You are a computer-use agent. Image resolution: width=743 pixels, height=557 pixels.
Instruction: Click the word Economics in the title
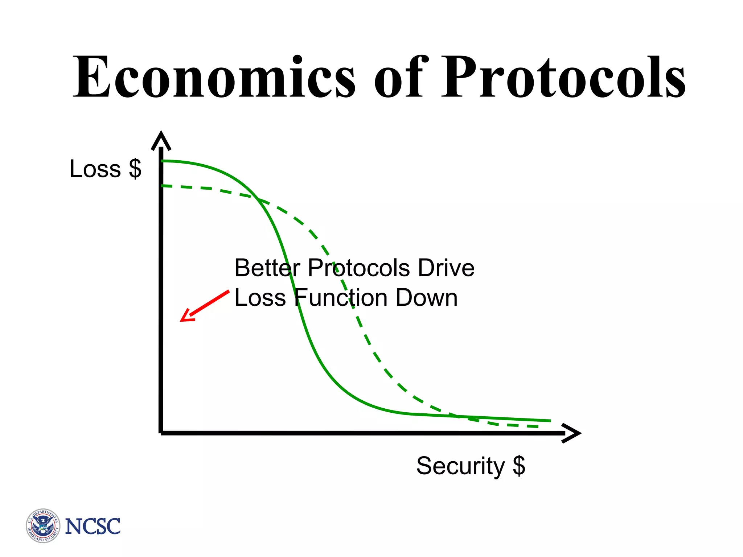[x=214, y=77]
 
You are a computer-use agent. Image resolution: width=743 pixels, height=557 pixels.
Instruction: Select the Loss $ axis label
[x=106, y=169]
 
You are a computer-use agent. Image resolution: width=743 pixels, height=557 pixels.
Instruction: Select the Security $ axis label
[x=471, y=466]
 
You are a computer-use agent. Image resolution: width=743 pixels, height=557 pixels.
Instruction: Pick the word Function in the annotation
[x=341, y=298]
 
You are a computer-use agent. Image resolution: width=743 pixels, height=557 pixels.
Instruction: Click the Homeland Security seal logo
[x=43, y=526]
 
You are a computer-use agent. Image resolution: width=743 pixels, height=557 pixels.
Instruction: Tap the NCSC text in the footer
[x=93, y=527]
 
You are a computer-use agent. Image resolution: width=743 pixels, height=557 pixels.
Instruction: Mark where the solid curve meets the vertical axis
[x=162, y=161]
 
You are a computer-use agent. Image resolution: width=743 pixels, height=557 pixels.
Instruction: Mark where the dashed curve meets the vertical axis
[x=162, y=186]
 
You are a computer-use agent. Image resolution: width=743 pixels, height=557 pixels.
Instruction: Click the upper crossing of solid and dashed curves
[x=258, y=199]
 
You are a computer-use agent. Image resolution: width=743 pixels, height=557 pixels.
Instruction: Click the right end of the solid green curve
[x=550, y=421]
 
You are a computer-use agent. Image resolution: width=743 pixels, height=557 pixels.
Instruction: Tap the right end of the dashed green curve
[x=537, y=427]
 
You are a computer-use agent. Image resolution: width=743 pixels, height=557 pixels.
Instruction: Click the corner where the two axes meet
[x=161, y=433]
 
